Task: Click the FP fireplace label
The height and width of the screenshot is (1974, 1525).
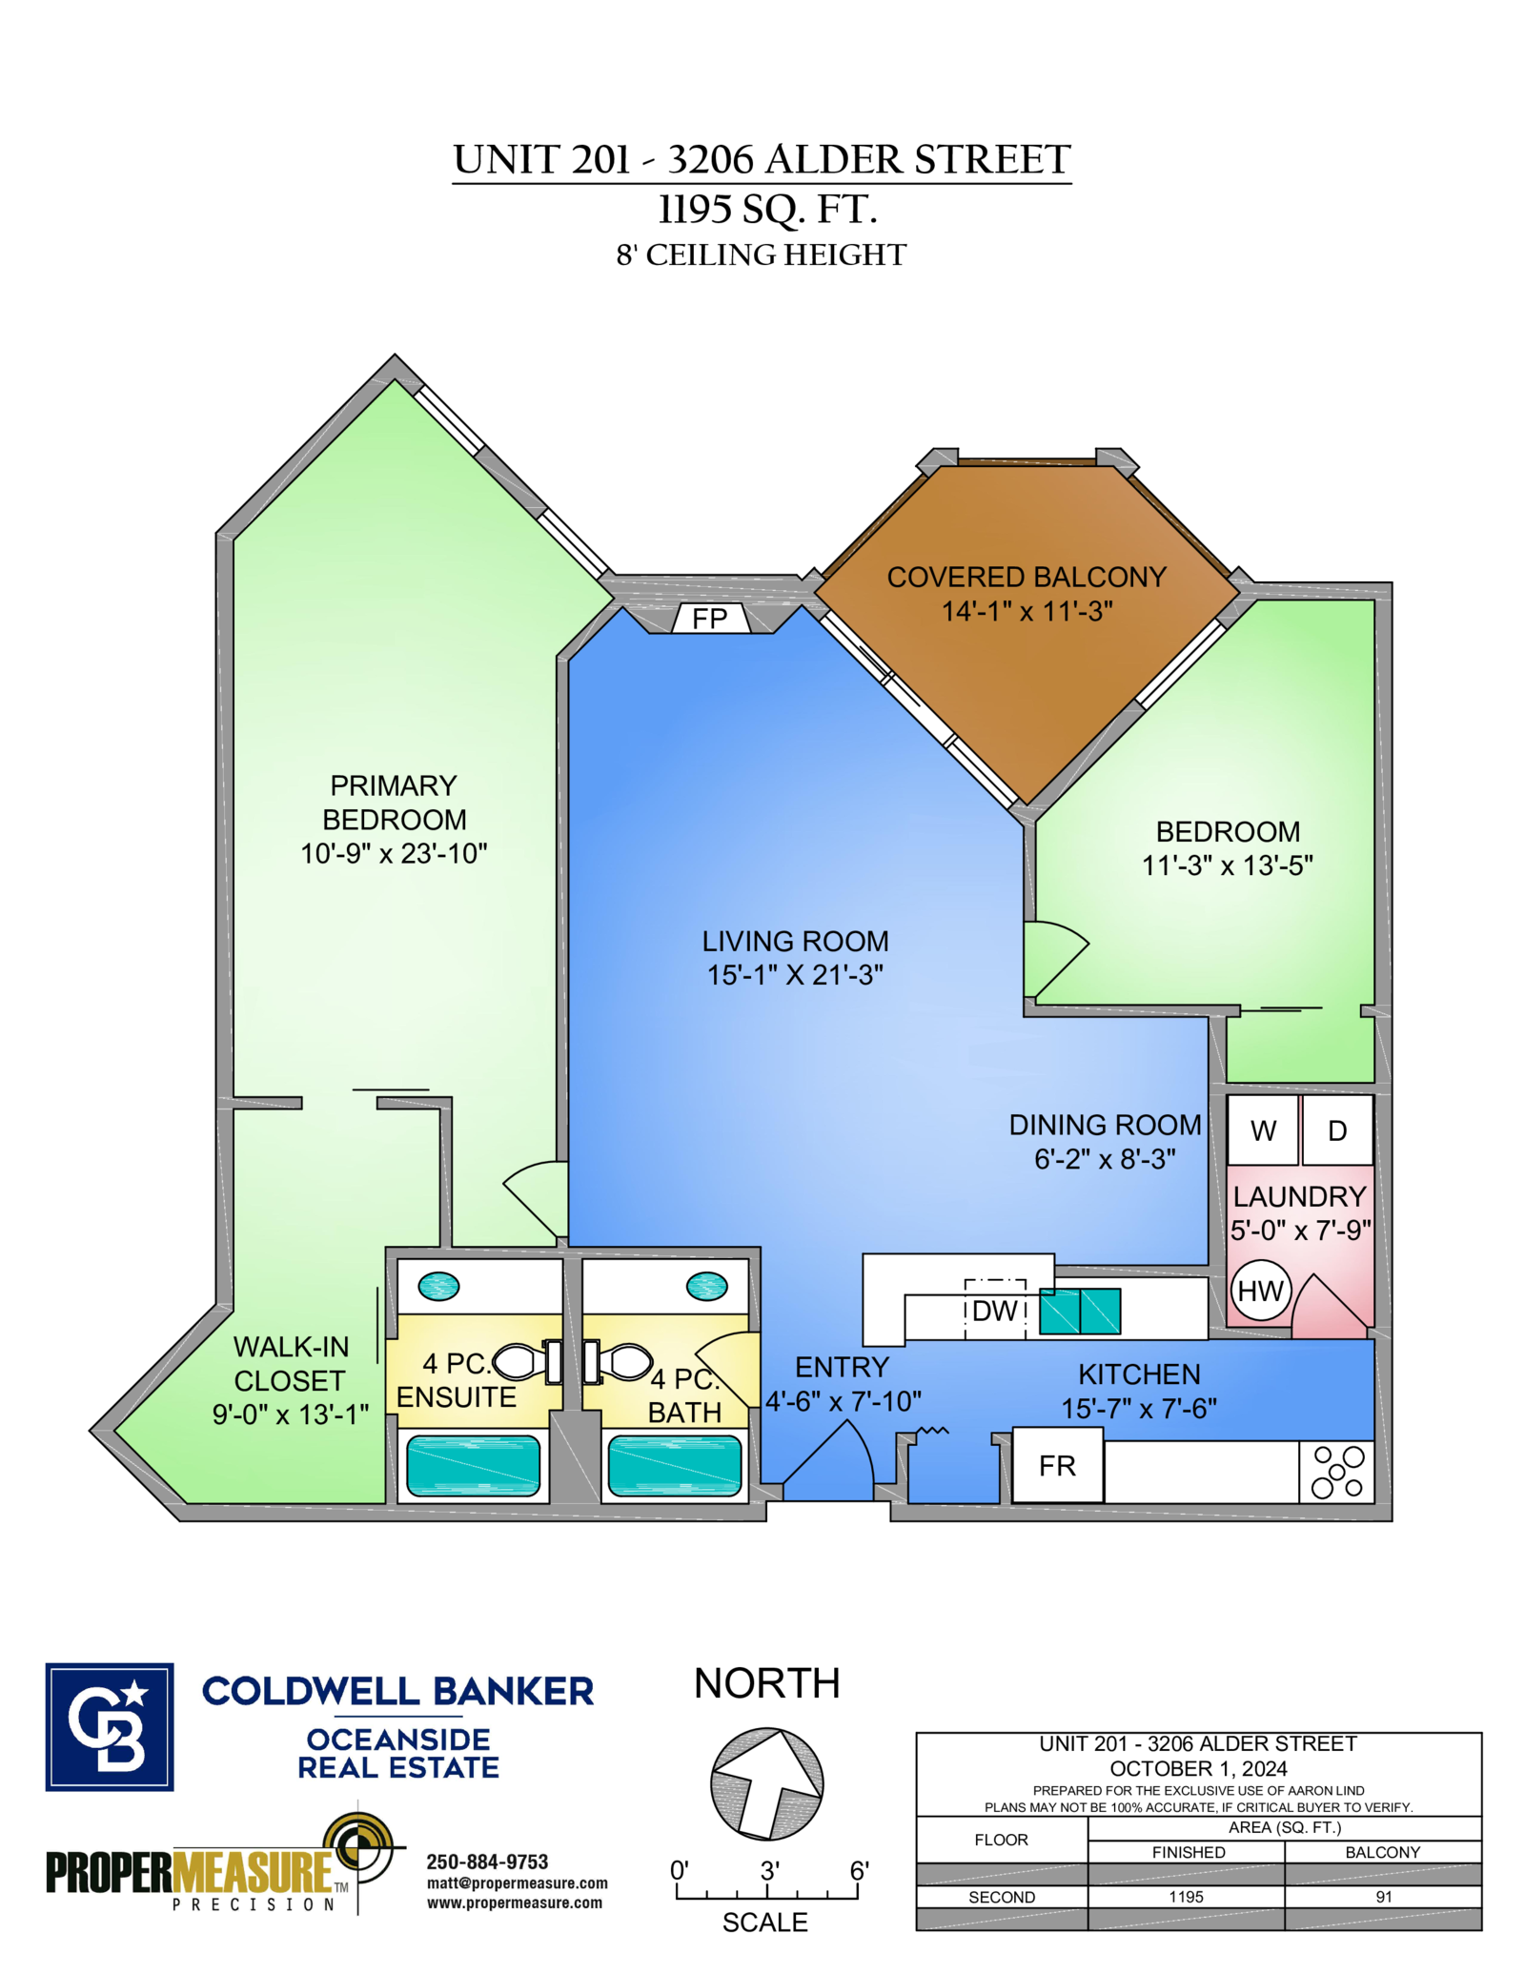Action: click(x=709, y=619)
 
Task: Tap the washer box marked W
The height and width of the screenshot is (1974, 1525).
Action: click(x=1262, y=1129)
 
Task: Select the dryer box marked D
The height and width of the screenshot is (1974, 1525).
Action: click(x=1337, y=1129)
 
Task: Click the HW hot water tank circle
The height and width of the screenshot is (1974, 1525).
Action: click(x=1260, y=1291)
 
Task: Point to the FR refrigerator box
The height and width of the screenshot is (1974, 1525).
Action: click(x=1057, y=1465)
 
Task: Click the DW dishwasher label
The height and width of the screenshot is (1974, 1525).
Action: click(x=995, y=1311)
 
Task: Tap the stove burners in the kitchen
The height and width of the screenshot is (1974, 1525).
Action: click(x=1337, y=1472)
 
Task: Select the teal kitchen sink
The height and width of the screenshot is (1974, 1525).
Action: click(x=1080, y=1311)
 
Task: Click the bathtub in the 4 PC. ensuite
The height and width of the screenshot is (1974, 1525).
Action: click(x=473, y=1466)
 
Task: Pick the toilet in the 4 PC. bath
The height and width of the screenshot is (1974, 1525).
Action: click(x=617, y=1361)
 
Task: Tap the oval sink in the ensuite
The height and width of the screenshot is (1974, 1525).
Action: click(x=438, y=1286)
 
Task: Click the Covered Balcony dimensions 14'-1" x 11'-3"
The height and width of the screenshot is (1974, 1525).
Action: click(x=1027, y=611)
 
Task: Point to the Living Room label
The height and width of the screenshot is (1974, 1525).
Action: click(x=795, y=941)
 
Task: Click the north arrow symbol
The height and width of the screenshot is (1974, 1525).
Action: click(x=766, y=1783)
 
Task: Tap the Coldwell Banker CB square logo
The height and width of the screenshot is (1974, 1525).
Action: click(x=110, y=1727)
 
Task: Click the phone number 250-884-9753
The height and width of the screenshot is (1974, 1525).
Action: click(x=487, y=1862)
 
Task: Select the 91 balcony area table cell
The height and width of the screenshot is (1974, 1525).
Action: click(x=1383, y=1897)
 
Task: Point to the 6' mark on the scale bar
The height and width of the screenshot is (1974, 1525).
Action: click(x=859, y=1871)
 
